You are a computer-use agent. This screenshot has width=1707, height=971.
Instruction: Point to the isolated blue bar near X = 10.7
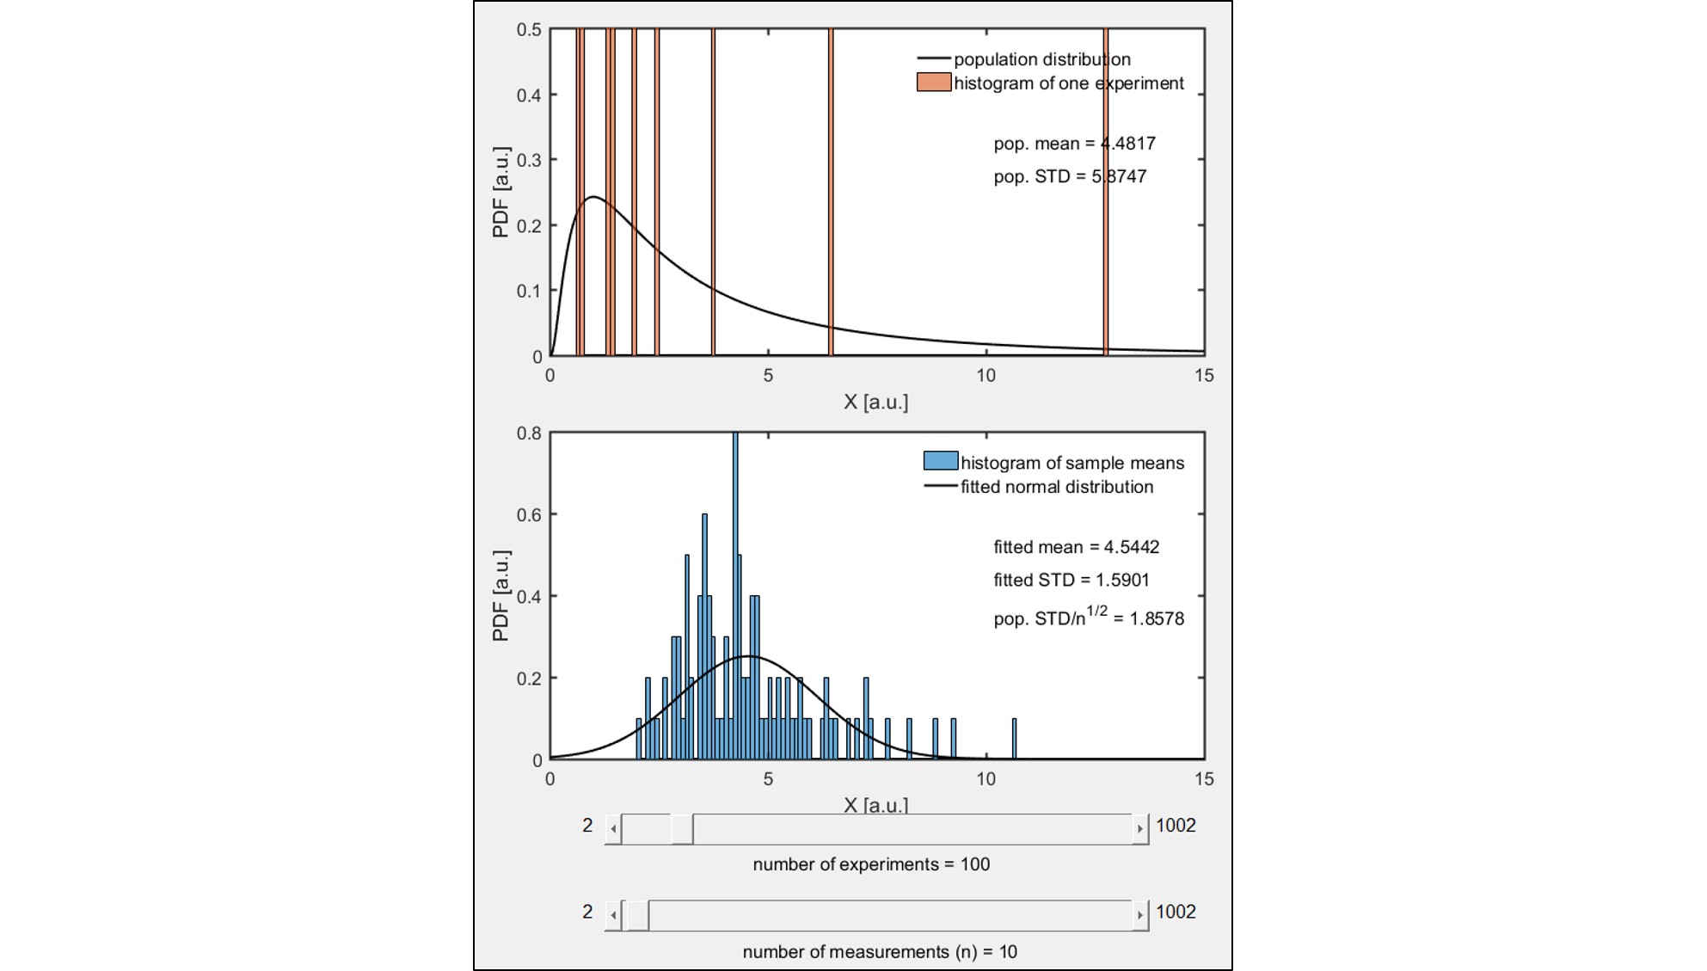pos(1015,740)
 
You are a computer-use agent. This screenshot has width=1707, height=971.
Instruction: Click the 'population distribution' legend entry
pos(1041,59)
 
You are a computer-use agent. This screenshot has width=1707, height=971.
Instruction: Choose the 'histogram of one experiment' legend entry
pos(1068,83)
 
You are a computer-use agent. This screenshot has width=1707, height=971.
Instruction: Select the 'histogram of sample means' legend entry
pos(1071,463)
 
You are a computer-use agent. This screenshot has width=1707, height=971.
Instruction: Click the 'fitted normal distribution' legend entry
pos(1056,487)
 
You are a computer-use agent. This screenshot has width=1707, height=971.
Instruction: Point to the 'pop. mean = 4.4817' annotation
pos(1074,144)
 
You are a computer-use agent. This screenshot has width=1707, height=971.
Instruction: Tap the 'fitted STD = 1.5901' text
pos(1071,580)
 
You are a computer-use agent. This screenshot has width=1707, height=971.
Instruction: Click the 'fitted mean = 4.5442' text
pos(1076,547)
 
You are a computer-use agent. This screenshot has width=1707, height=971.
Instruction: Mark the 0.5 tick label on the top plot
pos(529,30)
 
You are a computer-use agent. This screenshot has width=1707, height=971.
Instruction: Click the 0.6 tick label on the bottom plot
pos(529,515)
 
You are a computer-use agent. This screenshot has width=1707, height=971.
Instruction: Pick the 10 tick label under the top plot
pos(986,376)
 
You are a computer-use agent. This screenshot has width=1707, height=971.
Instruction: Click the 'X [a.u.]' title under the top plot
pos(875,402)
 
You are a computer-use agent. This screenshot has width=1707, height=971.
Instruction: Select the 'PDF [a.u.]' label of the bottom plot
pos(500,596)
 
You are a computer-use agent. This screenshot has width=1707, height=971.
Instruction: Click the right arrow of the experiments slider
pos(1140,829)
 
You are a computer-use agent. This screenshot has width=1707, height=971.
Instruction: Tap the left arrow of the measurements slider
pos(613,915)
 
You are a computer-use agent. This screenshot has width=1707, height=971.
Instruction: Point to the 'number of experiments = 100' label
pos(871,864)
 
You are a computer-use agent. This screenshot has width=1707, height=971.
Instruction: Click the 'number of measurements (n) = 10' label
pos(880,952)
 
